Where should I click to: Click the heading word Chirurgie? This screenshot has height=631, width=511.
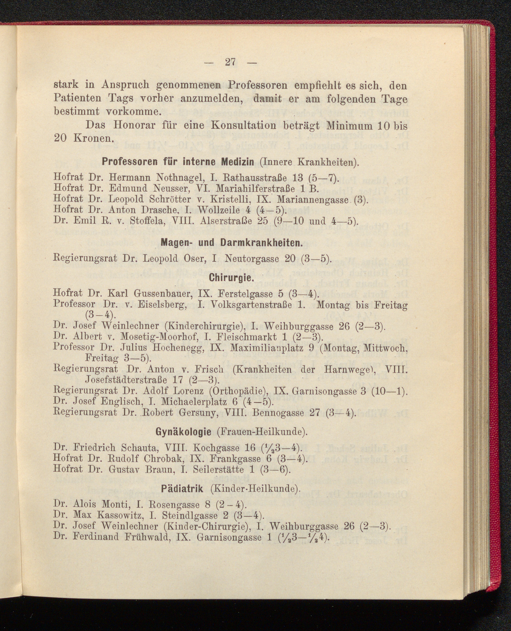231,278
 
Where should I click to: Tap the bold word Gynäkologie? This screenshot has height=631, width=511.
183,432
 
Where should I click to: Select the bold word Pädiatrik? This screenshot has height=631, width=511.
182,489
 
